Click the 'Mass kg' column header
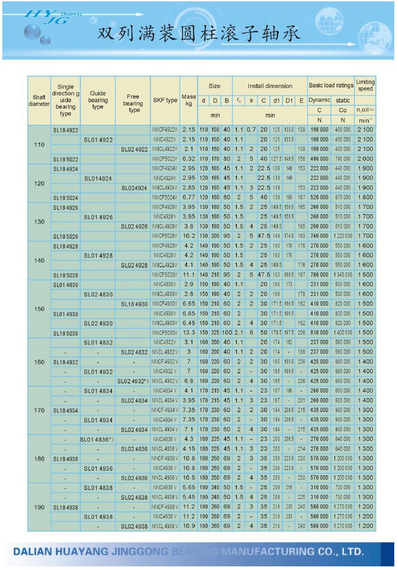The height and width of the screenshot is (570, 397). [188, 100]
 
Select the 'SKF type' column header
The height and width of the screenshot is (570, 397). [165, 100]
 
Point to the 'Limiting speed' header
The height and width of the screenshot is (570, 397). [365, 85]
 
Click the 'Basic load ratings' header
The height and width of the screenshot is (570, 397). [331, 85]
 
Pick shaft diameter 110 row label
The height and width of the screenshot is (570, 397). [39, 144]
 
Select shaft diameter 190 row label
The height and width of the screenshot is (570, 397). [39, 507]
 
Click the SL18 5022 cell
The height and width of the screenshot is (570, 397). [66, 159]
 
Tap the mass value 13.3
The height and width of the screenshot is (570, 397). [188, 333]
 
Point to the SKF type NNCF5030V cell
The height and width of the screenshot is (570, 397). [165, 333]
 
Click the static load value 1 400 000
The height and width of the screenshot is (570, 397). [342, 333]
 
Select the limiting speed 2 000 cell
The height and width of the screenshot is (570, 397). [365, 159]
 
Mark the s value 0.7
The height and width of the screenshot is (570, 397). [251, 130]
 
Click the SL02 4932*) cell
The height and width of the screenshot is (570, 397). [133, 381]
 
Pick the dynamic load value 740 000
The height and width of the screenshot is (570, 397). [319, 236]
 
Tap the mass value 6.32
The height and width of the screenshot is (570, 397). [188, 159]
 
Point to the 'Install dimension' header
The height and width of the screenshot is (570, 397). [270, 86]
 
